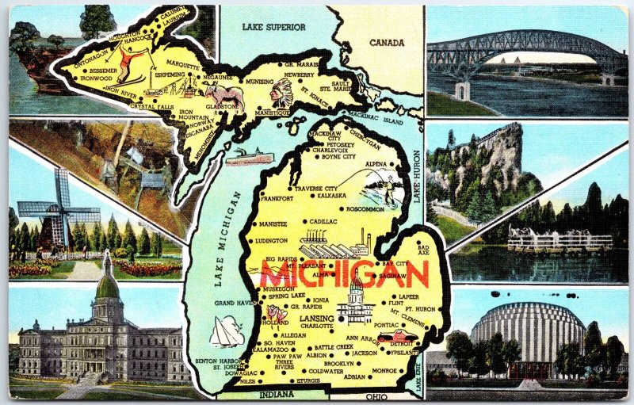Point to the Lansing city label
click(317, 317)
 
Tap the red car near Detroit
click(385, 336)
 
